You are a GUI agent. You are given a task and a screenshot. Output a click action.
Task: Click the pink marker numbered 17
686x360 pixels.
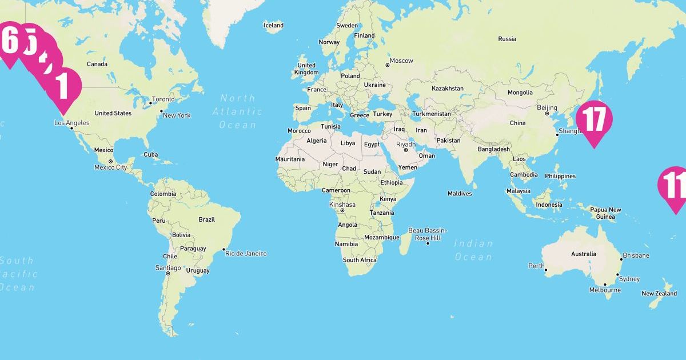(x=594, y=119)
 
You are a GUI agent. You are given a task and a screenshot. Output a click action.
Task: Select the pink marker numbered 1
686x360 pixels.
(x=63, y=86)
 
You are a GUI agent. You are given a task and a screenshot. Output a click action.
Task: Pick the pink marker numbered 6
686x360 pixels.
(x=10, y=41)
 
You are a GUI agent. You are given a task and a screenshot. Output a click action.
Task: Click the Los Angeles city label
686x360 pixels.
(x=72, y=123)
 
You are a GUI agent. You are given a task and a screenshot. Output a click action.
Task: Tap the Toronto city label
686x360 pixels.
(x=163, y=99)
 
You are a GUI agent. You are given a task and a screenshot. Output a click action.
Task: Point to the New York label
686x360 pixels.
(x=177, y=115)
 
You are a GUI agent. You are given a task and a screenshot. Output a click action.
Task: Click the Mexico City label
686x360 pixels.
(x=110, y=167)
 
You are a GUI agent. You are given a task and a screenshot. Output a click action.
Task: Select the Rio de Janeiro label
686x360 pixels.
(x=246, y=253)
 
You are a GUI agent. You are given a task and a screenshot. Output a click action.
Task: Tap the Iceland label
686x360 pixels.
(x=273, y=25)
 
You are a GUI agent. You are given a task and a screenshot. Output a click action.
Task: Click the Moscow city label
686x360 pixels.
(x=401, y=61)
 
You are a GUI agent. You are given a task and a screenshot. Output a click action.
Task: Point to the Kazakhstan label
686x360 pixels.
(x=448, y=89)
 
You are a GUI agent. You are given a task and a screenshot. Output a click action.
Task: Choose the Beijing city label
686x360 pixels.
(x=547, y=107)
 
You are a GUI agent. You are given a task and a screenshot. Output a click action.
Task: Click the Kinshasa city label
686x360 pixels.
(x=342, y=205)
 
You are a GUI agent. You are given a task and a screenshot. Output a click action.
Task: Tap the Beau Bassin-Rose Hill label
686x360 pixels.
(x=428, y=234)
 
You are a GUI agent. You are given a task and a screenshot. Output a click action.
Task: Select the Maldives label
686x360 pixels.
(x=460, y=194)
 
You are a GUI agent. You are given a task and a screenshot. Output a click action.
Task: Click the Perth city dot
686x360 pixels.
(x=546, y=270)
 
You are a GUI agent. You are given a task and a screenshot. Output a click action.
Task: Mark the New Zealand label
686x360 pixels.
(x=659, y=294)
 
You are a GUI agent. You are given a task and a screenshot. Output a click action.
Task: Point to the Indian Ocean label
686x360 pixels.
(x=473, y=250)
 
